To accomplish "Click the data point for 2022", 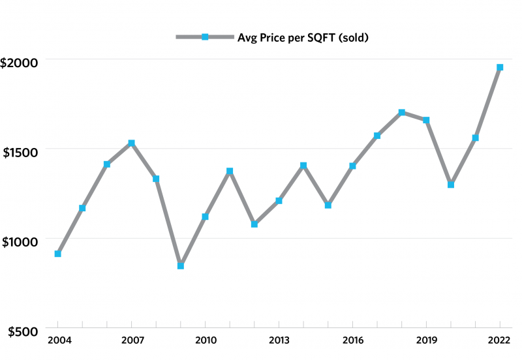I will click(500, 67).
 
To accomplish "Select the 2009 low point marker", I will click(181, 266).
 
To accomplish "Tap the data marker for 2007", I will click(132, 143).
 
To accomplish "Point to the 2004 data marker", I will click(58, 254).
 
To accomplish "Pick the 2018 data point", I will click(402, 112).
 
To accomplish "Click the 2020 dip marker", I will click(451, 185).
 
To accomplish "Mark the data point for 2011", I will click(230, 171).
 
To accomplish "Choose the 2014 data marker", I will click(303, 166).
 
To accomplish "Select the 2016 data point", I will click(352, 166).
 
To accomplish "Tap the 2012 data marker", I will click(254, 224).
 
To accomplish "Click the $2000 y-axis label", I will click(20, 63).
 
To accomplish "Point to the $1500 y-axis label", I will click(20, 153).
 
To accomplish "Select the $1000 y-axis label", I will click(20, 242).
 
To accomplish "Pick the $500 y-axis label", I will click(22, 332).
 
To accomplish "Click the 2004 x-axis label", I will click(58, 341).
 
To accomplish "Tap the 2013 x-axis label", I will click(279, 341).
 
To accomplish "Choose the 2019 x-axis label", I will click(426, 341).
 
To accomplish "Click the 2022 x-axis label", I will click(500, 341).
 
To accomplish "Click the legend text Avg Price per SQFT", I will click(303, 37).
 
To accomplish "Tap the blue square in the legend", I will click(205, 37).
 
